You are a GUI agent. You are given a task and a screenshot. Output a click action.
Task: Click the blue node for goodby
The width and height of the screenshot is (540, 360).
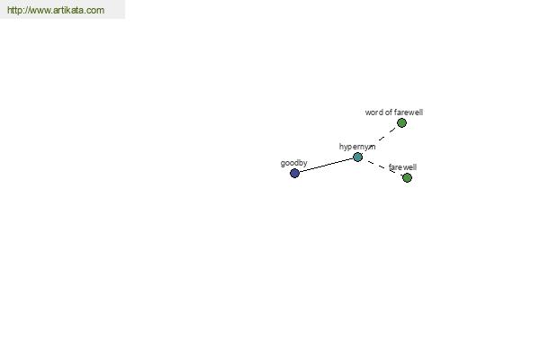pos(294,173)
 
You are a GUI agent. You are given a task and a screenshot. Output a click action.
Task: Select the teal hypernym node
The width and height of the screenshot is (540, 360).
pos(358,157)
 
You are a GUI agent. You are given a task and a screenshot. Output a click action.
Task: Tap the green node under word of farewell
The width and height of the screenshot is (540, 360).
pos(401,122)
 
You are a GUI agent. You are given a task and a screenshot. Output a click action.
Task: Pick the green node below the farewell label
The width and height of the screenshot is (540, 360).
pos(407,178)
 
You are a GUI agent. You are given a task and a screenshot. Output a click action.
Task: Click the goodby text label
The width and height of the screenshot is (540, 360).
pos(293,163)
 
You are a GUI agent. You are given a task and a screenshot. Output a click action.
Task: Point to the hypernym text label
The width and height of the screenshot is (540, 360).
pos(357,147)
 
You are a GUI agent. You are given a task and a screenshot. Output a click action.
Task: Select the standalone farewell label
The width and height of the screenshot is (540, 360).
pos(402,167)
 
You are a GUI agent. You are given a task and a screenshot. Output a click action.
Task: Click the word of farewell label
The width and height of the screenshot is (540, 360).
pos(394,112)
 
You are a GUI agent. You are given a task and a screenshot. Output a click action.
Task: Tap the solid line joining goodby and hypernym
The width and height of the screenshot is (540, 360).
pos(326,165)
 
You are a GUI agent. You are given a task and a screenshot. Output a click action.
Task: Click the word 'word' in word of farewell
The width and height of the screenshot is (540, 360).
pos(373,112)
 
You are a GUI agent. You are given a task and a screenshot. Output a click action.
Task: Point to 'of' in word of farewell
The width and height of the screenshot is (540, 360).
pos(388,112)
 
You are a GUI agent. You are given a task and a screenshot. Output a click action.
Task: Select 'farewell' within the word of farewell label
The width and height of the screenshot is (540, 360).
pos(409,112)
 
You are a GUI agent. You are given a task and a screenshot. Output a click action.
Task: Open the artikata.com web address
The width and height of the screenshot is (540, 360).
pos(56,10)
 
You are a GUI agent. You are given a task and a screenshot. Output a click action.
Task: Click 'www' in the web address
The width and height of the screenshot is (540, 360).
pos(39,11)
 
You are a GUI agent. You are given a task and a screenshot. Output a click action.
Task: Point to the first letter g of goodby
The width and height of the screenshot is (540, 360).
pos(283,164)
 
